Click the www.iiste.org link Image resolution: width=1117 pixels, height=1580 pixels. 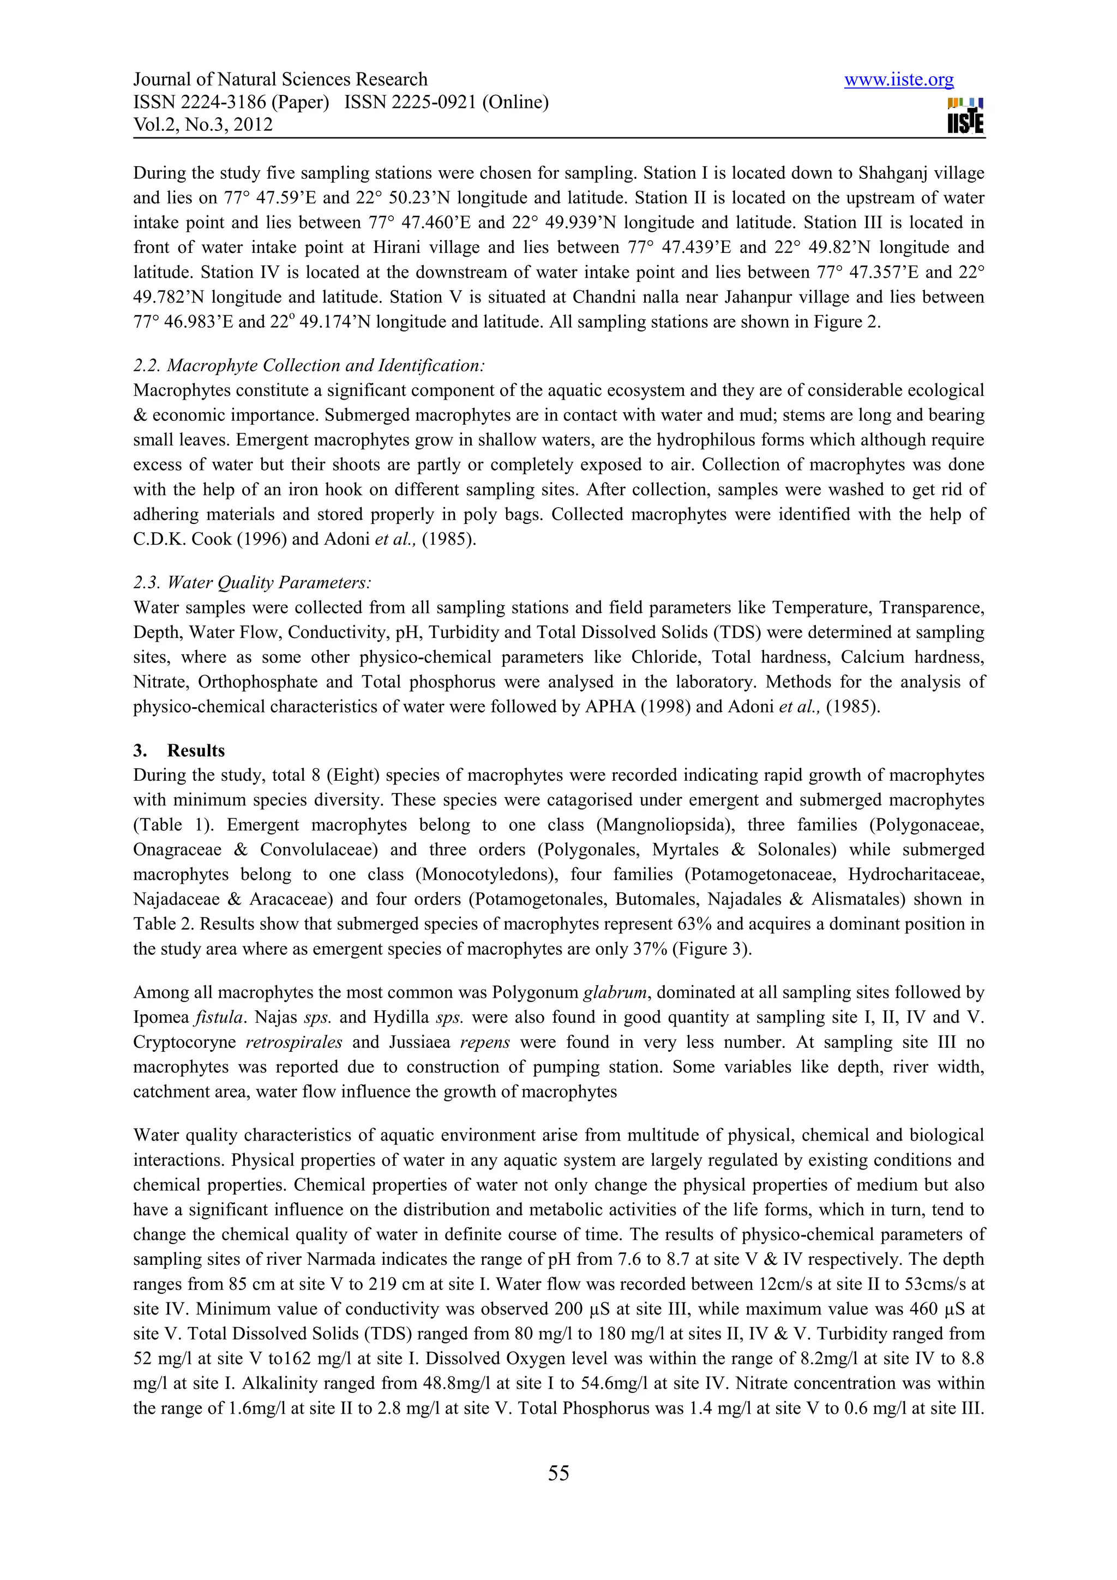[x=898, y=81]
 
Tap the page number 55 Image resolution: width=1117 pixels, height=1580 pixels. [x=558, y=1473]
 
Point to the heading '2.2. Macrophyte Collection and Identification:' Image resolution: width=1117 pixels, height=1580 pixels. [x=309, y=365]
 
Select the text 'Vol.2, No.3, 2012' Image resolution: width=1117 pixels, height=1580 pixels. [x=203, y=124]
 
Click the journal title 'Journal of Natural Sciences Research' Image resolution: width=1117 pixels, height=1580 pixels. [x=280, y=80]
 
